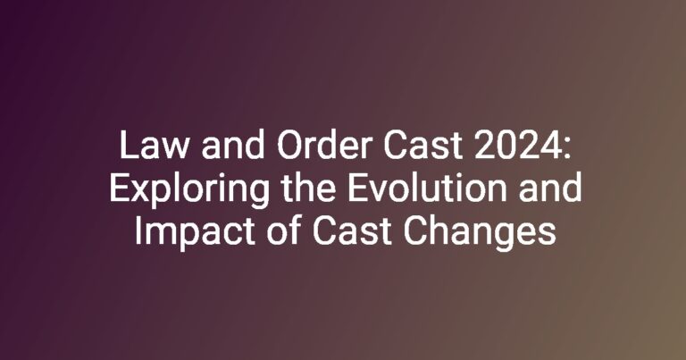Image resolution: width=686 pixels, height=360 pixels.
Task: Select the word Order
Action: [324, 146]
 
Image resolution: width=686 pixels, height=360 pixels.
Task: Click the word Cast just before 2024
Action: [422, 147]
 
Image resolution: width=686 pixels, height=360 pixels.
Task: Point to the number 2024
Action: [513, 146]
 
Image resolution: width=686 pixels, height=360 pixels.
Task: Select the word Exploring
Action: [189, 189]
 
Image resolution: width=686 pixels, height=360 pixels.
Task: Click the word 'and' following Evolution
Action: [550, 188]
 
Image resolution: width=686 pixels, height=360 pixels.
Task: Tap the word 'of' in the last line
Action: [283, 230]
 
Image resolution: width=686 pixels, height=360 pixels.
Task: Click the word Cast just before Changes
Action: [352, 231]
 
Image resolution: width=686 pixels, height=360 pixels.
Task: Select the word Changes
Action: [480, 233]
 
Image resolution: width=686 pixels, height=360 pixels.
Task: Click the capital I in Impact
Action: [138, 230]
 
